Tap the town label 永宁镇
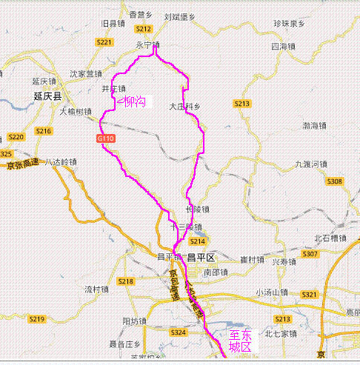tap(147, 45)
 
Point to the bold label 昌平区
tap(200, 258)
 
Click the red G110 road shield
tap(105, 138)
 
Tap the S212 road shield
tap(144, 29)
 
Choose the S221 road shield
tap(104, 42)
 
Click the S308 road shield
tap(335, 181)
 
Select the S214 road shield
tap(197, 241)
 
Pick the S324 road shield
tap(178, 333)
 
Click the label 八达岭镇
tap(60, 161)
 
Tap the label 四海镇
tap(283, 47)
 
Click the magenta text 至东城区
tap(241, 340)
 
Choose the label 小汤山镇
tap(272, 292)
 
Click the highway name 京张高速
tap(22, 164)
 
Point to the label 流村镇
tap(97, 289)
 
